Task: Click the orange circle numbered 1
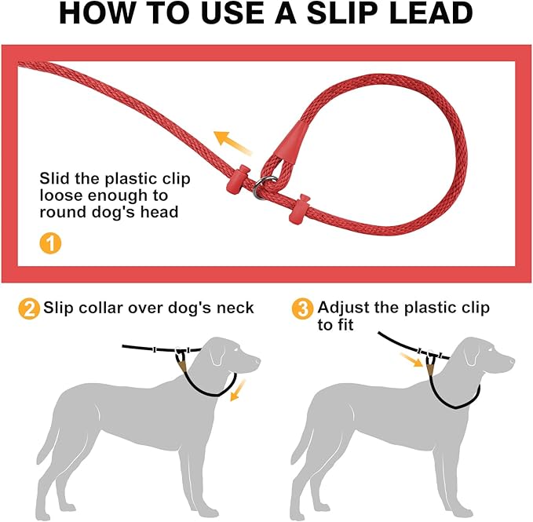click(x=49, y=243)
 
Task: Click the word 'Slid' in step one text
click(x=54, y=178)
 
